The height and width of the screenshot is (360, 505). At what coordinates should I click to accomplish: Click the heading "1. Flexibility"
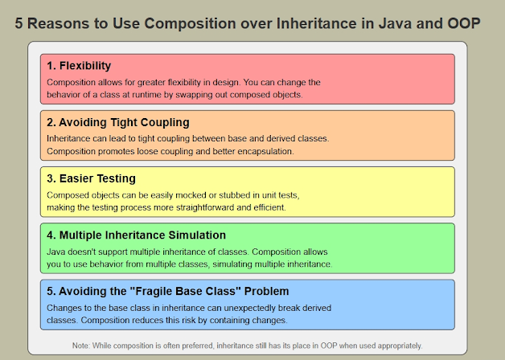[79, 66]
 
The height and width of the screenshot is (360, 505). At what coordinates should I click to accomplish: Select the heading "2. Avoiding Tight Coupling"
[117, 122]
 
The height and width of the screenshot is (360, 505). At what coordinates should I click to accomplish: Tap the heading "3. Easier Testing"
[91, 178]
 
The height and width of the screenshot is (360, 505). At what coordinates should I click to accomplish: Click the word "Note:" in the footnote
[82, 346]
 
